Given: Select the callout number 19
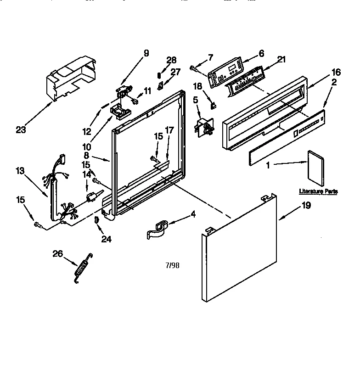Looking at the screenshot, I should pyautogui.click(x=306, y=206).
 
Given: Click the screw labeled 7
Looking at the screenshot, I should pyautogui.click(x=193, y=68).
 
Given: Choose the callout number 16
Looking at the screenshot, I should pyautogui.click(x=336, y=72).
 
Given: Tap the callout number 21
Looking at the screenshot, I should pyautogui.click(x=282, y=59).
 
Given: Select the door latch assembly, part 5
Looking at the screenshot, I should pyautogui.click(x=204, y=126).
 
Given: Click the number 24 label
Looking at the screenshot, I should pyautogui.click(x=106, y=239).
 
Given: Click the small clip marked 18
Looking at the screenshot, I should pyautogui.click(x=213, y=105).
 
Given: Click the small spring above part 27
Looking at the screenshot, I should pyautogui.click(x=159, y=74).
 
